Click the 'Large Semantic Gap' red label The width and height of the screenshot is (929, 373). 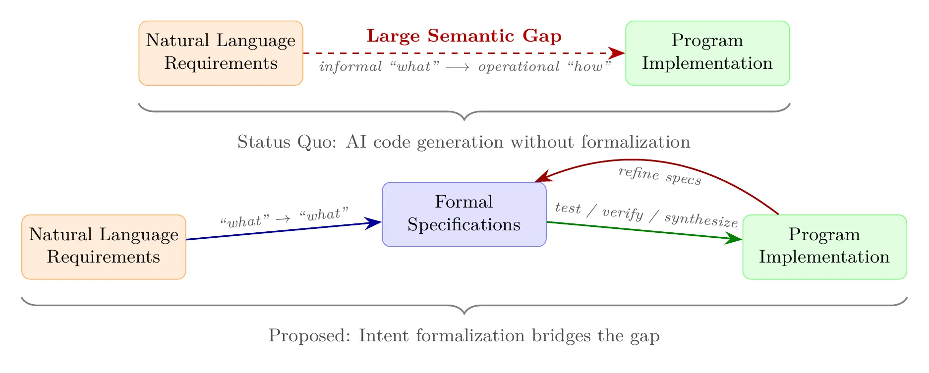coord(464,36)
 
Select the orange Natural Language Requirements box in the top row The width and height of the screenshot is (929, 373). coord(221,53)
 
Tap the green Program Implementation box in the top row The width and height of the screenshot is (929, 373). coord(707,53)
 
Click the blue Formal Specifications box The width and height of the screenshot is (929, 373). coord(464,214)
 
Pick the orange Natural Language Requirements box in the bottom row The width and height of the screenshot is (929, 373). coord(104,247)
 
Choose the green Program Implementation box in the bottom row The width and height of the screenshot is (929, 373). coord(824,247)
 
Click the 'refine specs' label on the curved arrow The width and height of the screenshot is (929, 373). coord(660,175)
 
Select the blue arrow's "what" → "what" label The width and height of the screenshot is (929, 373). coord(285,217)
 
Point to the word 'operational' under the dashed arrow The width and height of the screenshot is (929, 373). coord(519,67)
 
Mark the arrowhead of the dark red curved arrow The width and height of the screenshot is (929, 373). coord(541,177)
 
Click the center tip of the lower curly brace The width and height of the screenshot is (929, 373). coord(464,314)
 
